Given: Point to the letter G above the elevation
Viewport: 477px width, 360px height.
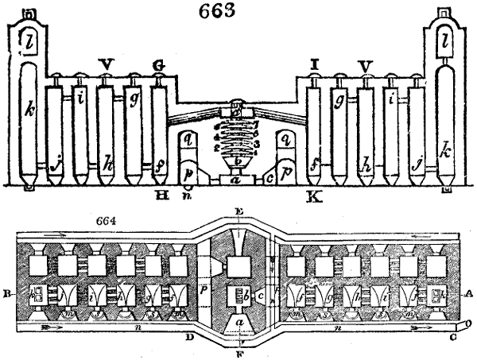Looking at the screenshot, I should click(159, 62).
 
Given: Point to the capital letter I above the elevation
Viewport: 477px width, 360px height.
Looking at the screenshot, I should click(316, 62).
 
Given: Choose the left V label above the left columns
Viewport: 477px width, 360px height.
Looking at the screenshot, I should click(106, 62).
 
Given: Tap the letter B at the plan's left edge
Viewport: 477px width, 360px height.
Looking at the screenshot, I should click(7, 292).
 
